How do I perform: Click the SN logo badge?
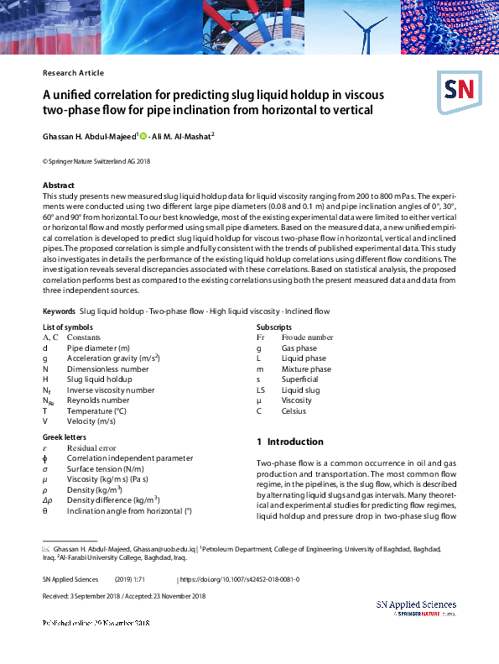click(x=457, y=88)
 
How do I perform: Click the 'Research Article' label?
click(x=73, y=73)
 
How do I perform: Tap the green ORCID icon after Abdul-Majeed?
click(x=143, y=136)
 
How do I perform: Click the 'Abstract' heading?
click(x=59, y=185)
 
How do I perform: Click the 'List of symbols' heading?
click(x=67, y=327)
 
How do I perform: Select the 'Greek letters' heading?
click(x=65, y=437)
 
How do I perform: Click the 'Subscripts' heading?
click(x=274, y=327)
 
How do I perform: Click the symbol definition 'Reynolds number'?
click(x=98, y=400)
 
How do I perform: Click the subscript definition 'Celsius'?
click(x=294, y=411)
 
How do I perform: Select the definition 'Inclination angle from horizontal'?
click(x=129, y=510)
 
